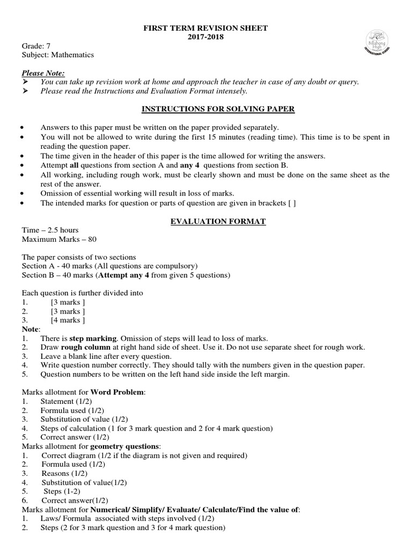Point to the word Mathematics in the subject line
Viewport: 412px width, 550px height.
(74, 55)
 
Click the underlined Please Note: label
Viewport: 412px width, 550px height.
(43, 73)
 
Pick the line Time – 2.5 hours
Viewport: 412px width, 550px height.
(50, 230)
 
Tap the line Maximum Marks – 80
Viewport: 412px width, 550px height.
(59, 239)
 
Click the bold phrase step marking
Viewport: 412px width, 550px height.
(93, 338)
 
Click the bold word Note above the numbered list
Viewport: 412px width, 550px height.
(31, 329)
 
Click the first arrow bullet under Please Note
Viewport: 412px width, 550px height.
(25, 82)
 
